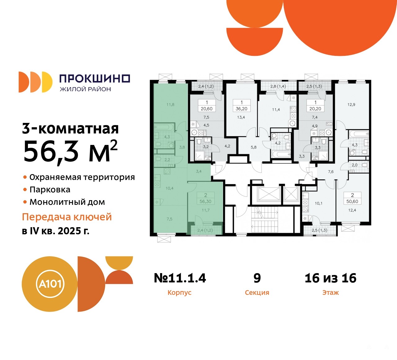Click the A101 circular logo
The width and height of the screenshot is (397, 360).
(x=49, y=284)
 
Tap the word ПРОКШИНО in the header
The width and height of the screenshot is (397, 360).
(x=95, y=79)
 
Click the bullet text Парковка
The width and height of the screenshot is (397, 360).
(x=50, y=190)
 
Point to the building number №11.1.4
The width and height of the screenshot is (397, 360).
(x=180, y=278)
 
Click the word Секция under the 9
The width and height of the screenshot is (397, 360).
(x=257, y=293)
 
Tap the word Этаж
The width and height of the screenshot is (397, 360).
(x=331, y=293)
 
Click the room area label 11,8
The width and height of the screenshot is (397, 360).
(x=170, y=104)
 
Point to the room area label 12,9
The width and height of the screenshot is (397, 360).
(x=351, y=104)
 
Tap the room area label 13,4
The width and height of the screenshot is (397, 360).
(x=241, y=117)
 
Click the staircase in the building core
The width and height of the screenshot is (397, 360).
(x=265, y=219)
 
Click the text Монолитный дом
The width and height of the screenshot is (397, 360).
(x=67, y=202)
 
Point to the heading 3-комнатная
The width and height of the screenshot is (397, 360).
(x=70, y=129)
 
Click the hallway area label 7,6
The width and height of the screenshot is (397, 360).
(x=331, y=172)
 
